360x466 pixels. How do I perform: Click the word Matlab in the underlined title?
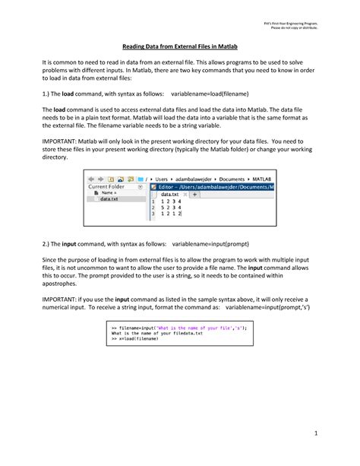pos(242,46)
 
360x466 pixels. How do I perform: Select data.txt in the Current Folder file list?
pos(109,200)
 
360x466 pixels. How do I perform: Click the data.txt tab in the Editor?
pos(174,195)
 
